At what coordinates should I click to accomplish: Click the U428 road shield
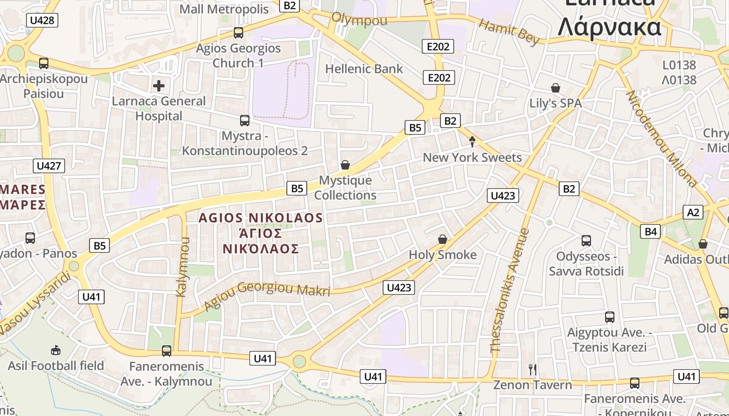(x=42, y=20)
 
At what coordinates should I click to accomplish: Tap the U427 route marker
(x=49, y=166)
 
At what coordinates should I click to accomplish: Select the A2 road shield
(x=693, y=212)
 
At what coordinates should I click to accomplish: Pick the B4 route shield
(x=651, y=231)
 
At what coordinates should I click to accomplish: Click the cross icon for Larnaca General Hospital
(x=159, y=86)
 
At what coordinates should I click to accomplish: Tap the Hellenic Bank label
(x=364, y=69)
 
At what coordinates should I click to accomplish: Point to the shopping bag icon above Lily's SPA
(x=556, y=88)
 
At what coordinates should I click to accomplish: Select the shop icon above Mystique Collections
(x=345, y=165)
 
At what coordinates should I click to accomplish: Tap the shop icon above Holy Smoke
(x=443, y=239)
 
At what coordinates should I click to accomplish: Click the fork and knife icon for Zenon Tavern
(x=532, y=370)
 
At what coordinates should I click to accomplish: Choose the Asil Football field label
(x=56, y=366)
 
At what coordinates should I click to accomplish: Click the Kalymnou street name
(x=183, y=267)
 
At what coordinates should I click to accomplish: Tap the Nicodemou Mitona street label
(x=661, y=139)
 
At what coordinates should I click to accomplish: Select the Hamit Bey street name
(x=508, y=32)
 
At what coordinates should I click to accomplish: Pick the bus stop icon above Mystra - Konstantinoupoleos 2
(x=244, y=121)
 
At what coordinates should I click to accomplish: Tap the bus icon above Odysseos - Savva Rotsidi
(x=586, y=241)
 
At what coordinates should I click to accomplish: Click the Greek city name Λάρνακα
(x=609, y=28)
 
